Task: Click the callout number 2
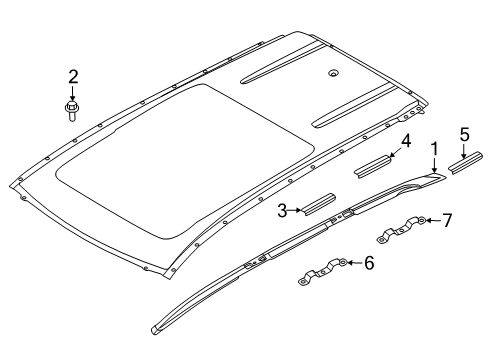pyautogui.click(x=73, y=77)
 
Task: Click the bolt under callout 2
pyautogui.click(x=72, y=111)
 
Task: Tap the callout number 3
pyautogui.click(x=282, y=211)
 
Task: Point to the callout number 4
pyautogui.click(x=406, y=141)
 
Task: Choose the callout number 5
pyautogui.click(x=465, y=135)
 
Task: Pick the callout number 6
pyautogui.click(x=369, y=263)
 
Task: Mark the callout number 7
pyautogui.click(x=447, y=220)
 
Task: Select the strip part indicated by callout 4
pyautogui.click(x=373, y=166)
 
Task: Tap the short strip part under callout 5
pyautogui.click(x=465, y=163)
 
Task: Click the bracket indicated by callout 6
pyautogui.click(x=323, y=272)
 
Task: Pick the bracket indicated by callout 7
pyautogui.click(x=401, y=229)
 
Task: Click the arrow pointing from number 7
pyautogui.click(x=433, y=220)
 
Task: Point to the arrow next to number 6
pyautogui.click(x=355, y=263)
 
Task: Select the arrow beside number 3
pyautogui.click(x=295, y=210)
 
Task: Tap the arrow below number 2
pyautogui.click(x=72, y=93)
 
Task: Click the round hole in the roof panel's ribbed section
pyautogui.click(x=333, y=74)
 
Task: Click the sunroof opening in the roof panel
pyautogui.click(x=185, y=161)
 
